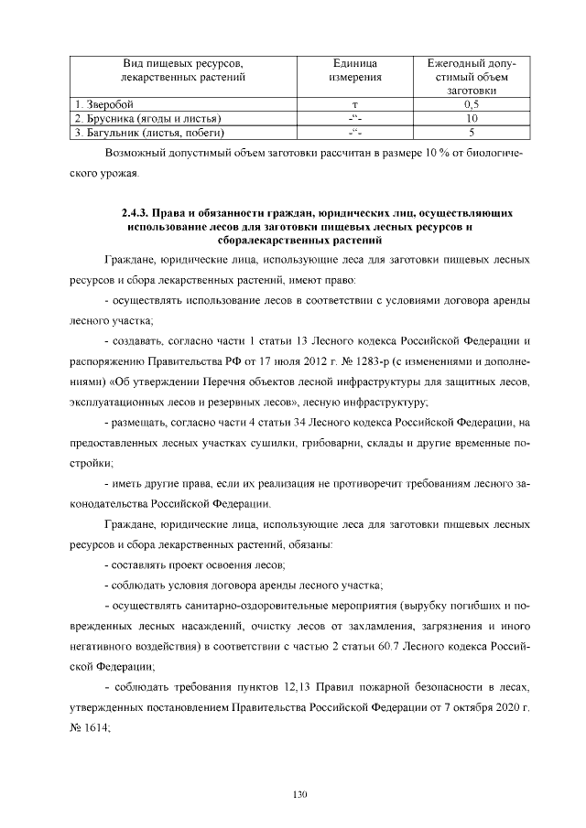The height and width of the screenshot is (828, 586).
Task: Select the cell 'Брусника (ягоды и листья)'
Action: (152, 119)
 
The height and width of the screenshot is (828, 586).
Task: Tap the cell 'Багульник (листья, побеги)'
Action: (154, 132)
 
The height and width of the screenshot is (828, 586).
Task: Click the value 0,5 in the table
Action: (472, 106)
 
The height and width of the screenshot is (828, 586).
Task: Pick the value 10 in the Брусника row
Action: (472, 119)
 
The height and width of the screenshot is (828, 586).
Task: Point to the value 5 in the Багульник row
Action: (472, 132)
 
